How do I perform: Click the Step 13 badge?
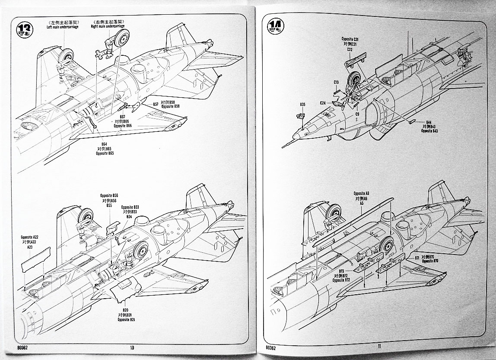(24, 29)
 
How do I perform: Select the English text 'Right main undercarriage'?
(108, 26)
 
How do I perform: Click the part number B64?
(104, 144)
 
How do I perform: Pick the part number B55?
(109, 206)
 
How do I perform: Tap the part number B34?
(129, 217)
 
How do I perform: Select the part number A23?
(30, 247)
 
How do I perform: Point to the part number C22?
(350, 49)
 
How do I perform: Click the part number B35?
(302, 104)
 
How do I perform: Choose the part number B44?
(429, 122)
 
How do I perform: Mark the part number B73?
(341, 272)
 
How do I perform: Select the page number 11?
(379, 346)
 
